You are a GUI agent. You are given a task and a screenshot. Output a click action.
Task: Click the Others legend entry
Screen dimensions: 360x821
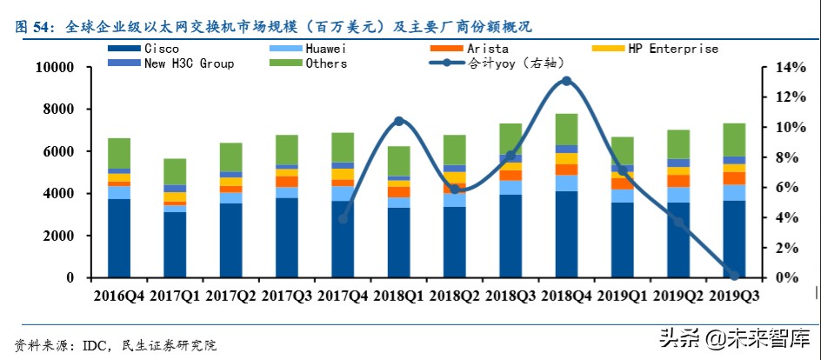326,63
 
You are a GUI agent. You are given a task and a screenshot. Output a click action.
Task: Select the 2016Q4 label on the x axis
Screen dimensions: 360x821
119,297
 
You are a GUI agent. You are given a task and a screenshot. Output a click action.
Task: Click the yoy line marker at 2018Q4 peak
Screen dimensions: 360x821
566,81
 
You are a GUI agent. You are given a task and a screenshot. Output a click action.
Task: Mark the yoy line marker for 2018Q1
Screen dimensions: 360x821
398,121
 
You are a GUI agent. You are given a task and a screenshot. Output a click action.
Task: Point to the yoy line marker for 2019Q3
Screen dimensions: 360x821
734,275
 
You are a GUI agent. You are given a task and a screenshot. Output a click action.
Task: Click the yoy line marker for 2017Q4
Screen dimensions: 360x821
343,218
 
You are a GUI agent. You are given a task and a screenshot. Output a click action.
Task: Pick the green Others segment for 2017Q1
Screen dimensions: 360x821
175,171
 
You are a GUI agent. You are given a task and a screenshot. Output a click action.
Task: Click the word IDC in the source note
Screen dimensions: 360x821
94,345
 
